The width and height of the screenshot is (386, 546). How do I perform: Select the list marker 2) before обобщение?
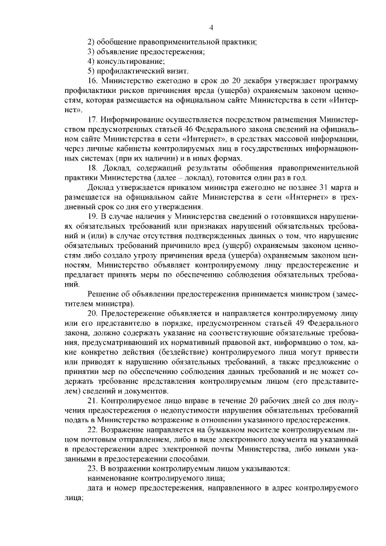point(91,41)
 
